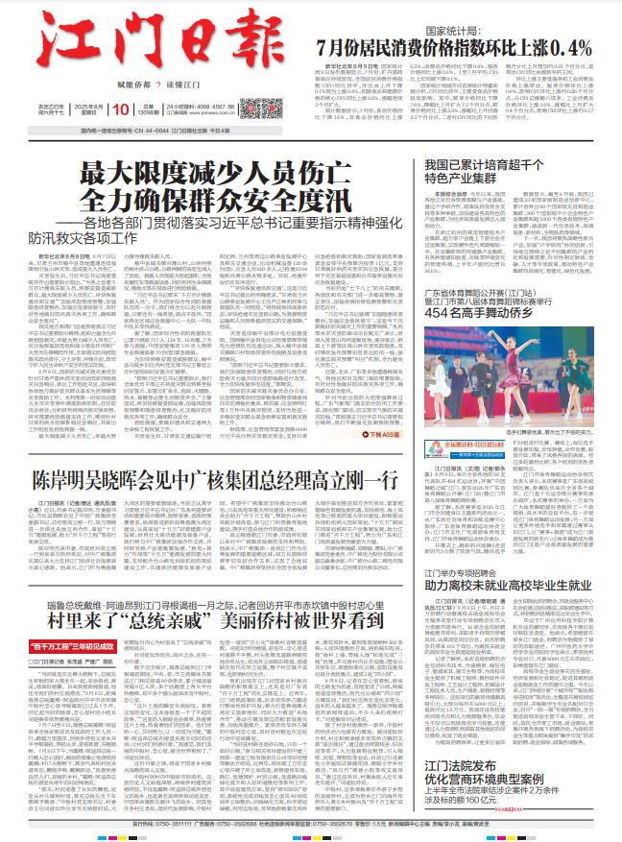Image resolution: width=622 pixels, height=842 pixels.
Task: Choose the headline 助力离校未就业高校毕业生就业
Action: [509, 583]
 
